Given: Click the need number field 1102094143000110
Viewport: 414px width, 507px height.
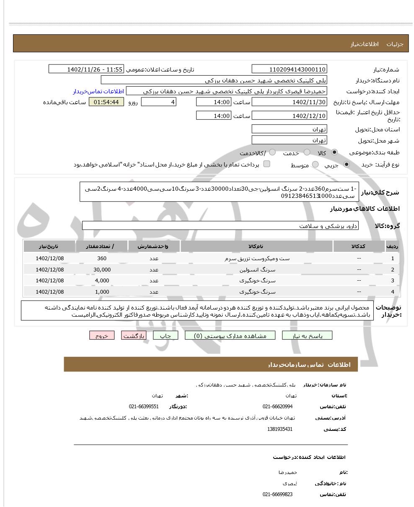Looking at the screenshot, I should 289,69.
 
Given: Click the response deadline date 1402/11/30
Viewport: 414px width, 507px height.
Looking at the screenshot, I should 289,102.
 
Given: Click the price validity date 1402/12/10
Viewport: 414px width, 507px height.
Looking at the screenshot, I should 289,116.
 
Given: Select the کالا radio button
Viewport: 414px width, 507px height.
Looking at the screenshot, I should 334,153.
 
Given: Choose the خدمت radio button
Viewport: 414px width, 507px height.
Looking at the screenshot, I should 307,153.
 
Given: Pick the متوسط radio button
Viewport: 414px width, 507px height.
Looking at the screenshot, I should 316,165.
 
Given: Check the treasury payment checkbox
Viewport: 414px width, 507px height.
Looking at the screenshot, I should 267,164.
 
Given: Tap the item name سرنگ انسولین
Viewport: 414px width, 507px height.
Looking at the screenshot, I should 257,270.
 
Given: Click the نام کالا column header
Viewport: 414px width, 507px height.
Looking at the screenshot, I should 256,246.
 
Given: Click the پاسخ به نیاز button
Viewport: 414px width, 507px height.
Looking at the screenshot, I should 307,335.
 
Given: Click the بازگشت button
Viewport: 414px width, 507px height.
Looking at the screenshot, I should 134,335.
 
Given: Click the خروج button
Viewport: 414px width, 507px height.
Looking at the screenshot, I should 102,335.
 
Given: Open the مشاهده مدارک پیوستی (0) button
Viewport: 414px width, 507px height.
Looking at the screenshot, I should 230,335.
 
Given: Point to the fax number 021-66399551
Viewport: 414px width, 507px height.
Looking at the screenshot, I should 144,407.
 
